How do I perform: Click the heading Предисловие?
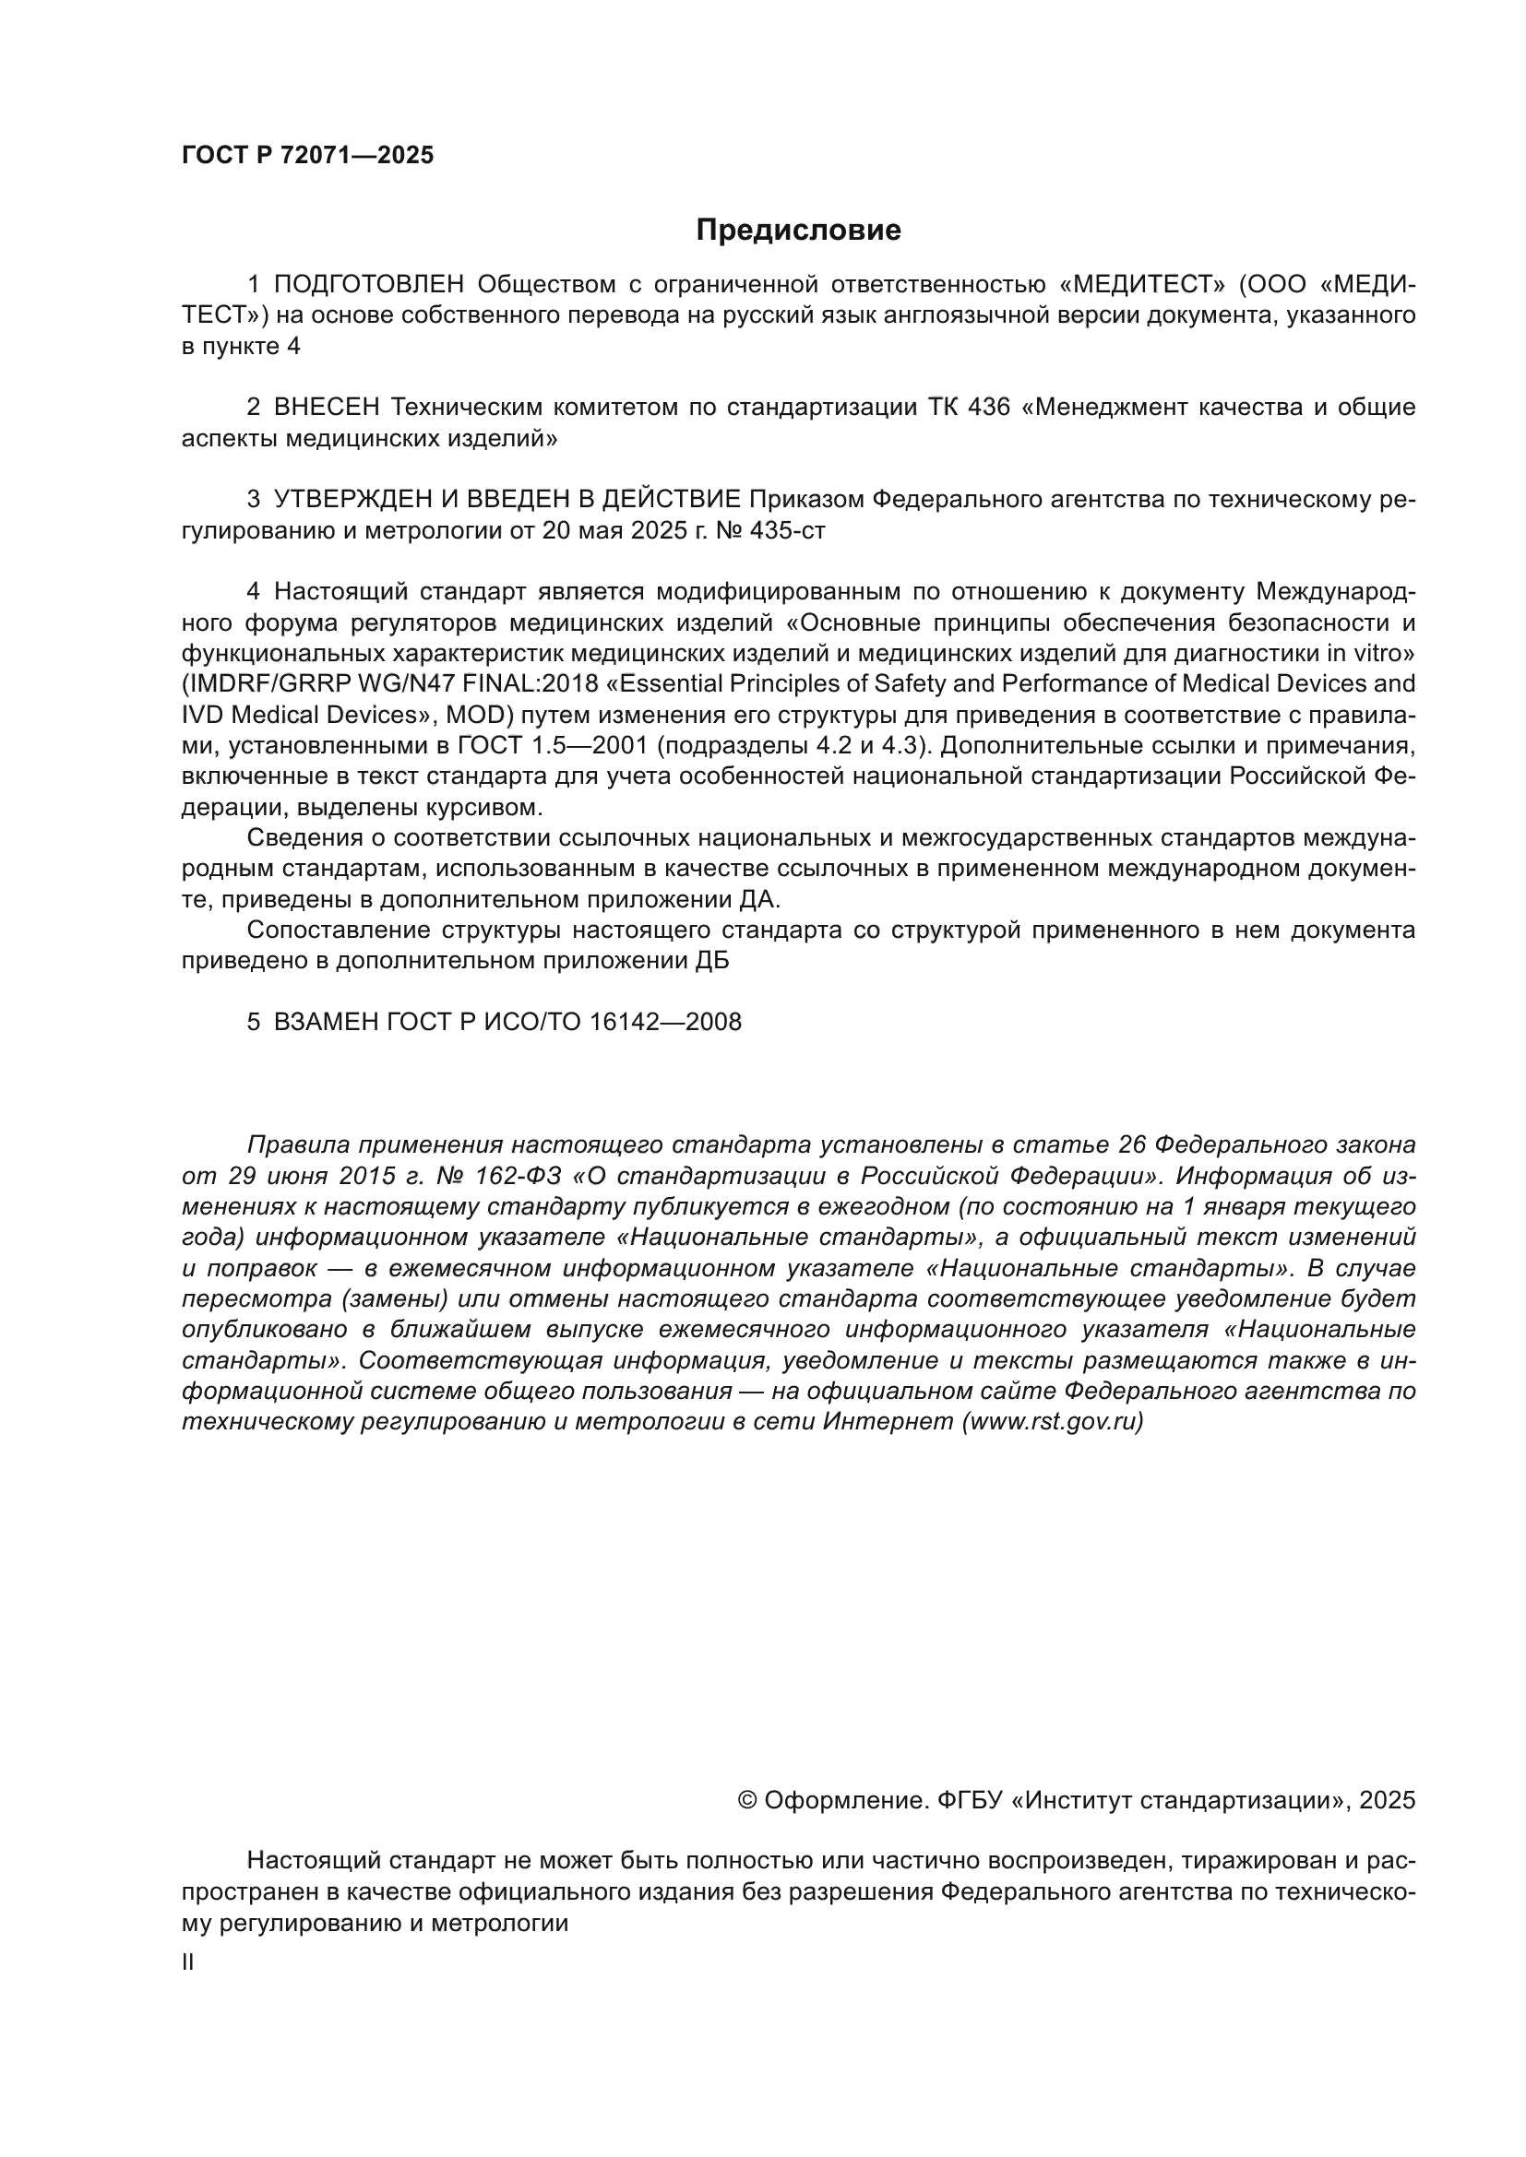tap(798, 231)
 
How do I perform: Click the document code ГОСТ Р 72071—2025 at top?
tap(307, 155)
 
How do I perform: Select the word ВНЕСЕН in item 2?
tap(327, 407)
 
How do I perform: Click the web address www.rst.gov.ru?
tap(1053, 1421)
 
